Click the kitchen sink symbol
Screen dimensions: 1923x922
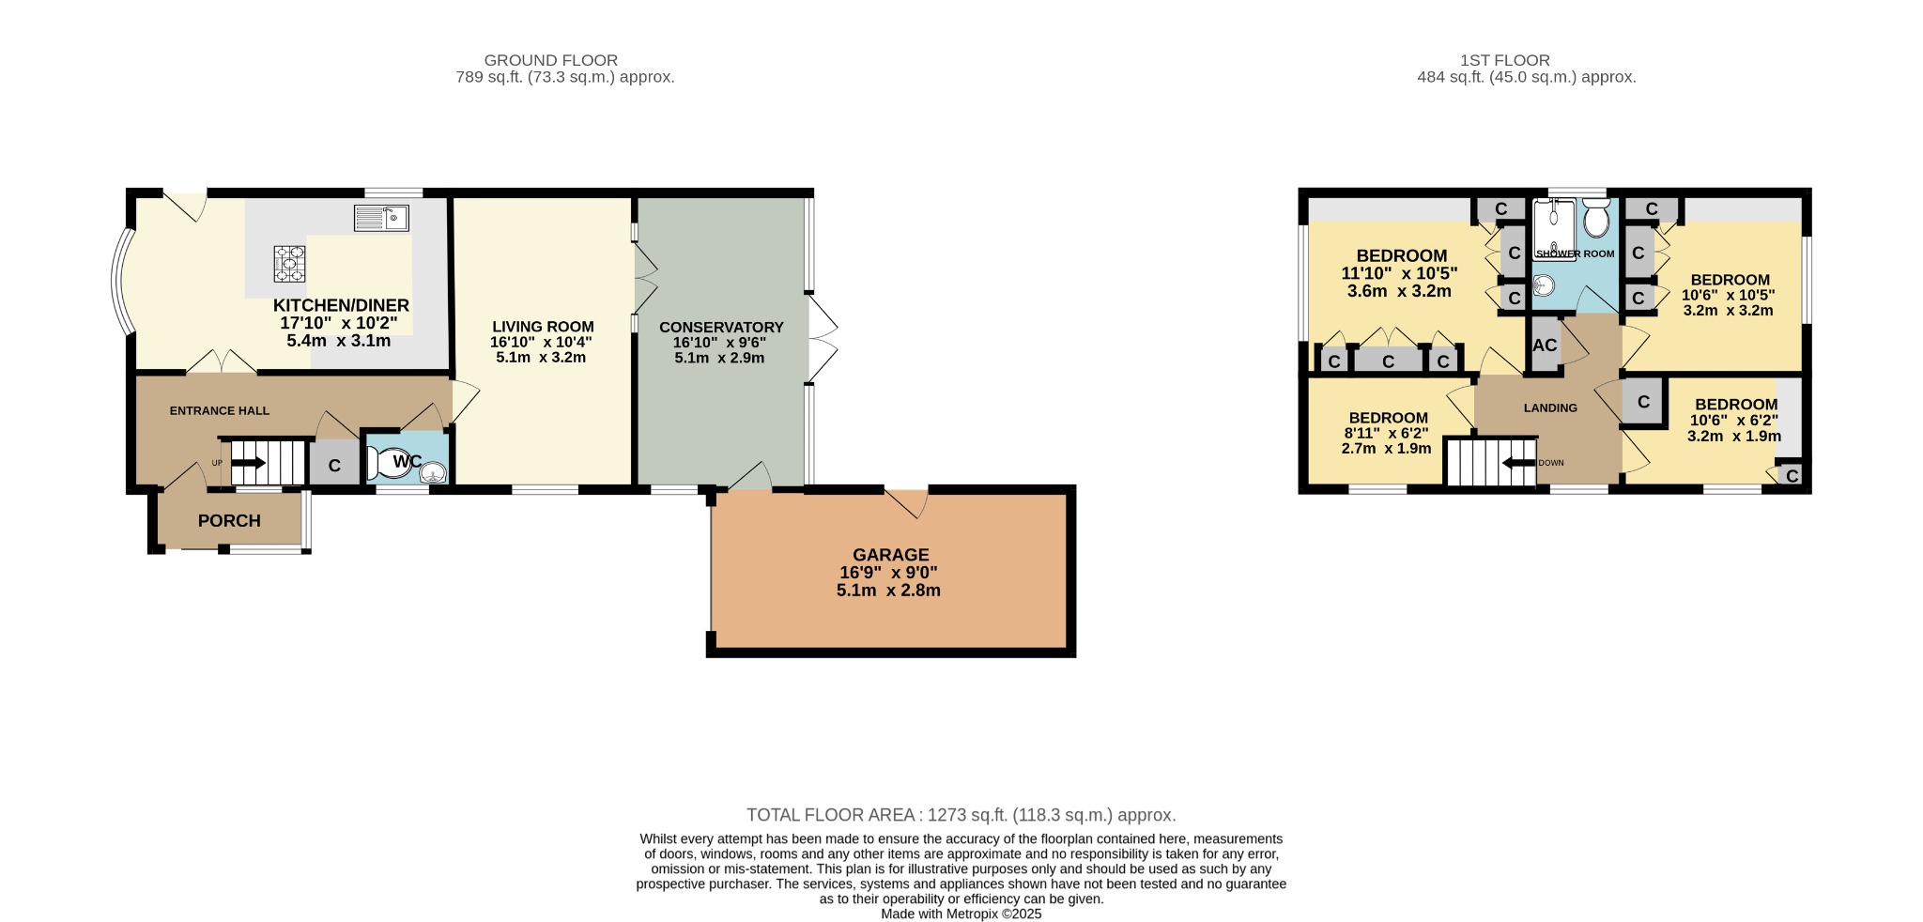381,218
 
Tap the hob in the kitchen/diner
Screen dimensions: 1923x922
290,264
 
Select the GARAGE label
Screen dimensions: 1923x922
890,555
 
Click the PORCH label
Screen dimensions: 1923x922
229,521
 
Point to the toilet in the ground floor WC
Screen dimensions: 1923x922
387,462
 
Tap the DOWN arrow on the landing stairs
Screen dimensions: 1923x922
1519,463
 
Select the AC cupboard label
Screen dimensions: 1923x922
1545,345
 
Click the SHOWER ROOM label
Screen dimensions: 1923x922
1576,254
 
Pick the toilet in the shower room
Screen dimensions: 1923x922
1596,218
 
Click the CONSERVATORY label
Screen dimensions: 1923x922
721,328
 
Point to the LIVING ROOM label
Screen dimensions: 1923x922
543,327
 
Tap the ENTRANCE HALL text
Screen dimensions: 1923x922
220,410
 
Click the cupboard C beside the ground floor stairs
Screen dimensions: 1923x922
334,466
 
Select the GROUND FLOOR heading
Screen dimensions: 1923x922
551,60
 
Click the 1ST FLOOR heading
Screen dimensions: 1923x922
1517,60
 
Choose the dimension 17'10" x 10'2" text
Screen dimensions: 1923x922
339,323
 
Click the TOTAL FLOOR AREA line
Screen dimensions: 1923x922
961,815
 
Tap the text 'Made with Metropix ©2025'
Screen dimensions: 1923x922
961,914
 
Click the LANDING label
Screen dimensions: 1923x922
1550,407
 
